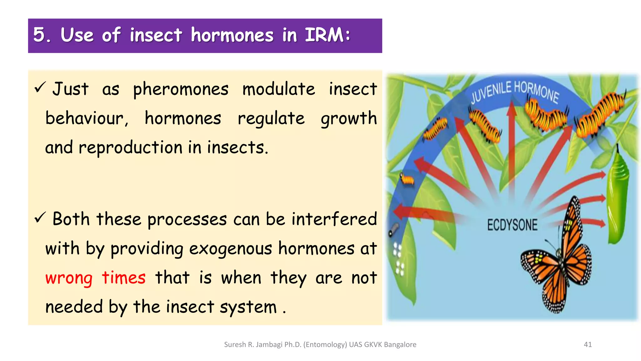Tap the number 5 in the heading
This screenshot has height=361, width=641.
tap(39, 35)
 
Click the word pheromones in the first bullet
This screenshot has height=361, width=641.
tap(181, 89)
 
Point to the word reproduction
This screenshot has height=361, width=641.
tap(130, 148)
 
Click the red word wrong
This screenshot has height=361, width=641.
tap(69, 278)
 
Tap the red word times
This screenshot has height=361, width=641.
tap(124, 278)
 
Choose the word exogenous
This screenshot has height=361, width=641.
tap(230, 249)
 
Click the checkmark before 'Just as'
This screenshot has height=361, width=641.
tap(40, 87)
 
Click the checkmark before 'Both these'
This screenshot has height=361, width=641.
tap(40, 217)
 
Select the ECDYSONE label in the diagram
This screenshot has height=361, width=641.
tap(512, 225)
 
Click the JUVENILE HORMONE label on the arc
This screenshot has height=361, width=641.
tap(515, 91)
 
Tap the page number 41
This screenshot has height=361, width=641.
tap(588, 344)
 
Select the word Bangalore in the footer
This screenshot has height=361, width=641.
tap(400, 344)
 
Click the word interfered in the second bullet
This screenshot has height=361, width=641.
tap(334, 219)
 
